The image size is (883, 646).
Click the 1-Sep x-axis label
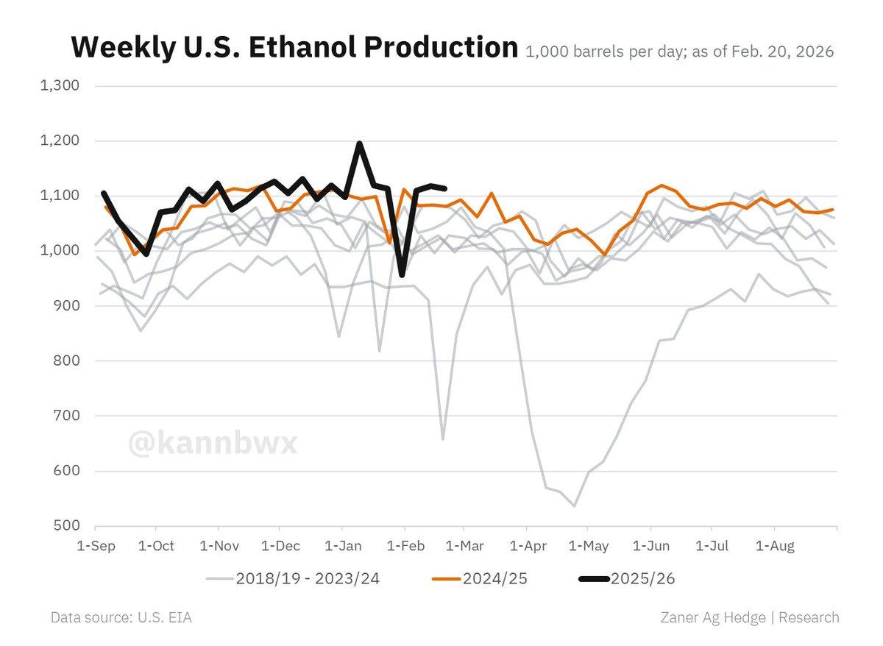point(96,545)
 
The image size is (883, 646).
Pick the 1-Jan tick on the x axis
point(341,545)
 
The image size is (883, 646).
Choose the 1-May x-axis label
point(589,545)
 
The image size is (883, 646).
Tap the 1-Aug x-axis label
point(774,545)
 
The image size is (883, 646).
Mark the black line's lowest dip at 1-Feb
point(402,276)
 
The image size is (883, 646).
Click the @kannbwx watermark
point(213,444)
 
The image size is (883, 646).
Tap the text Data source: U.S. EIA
point(121,617)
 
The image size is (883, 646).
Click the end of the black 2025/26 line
point(445,188)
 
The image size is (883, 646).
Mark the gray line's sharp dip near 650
point(442,439)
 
